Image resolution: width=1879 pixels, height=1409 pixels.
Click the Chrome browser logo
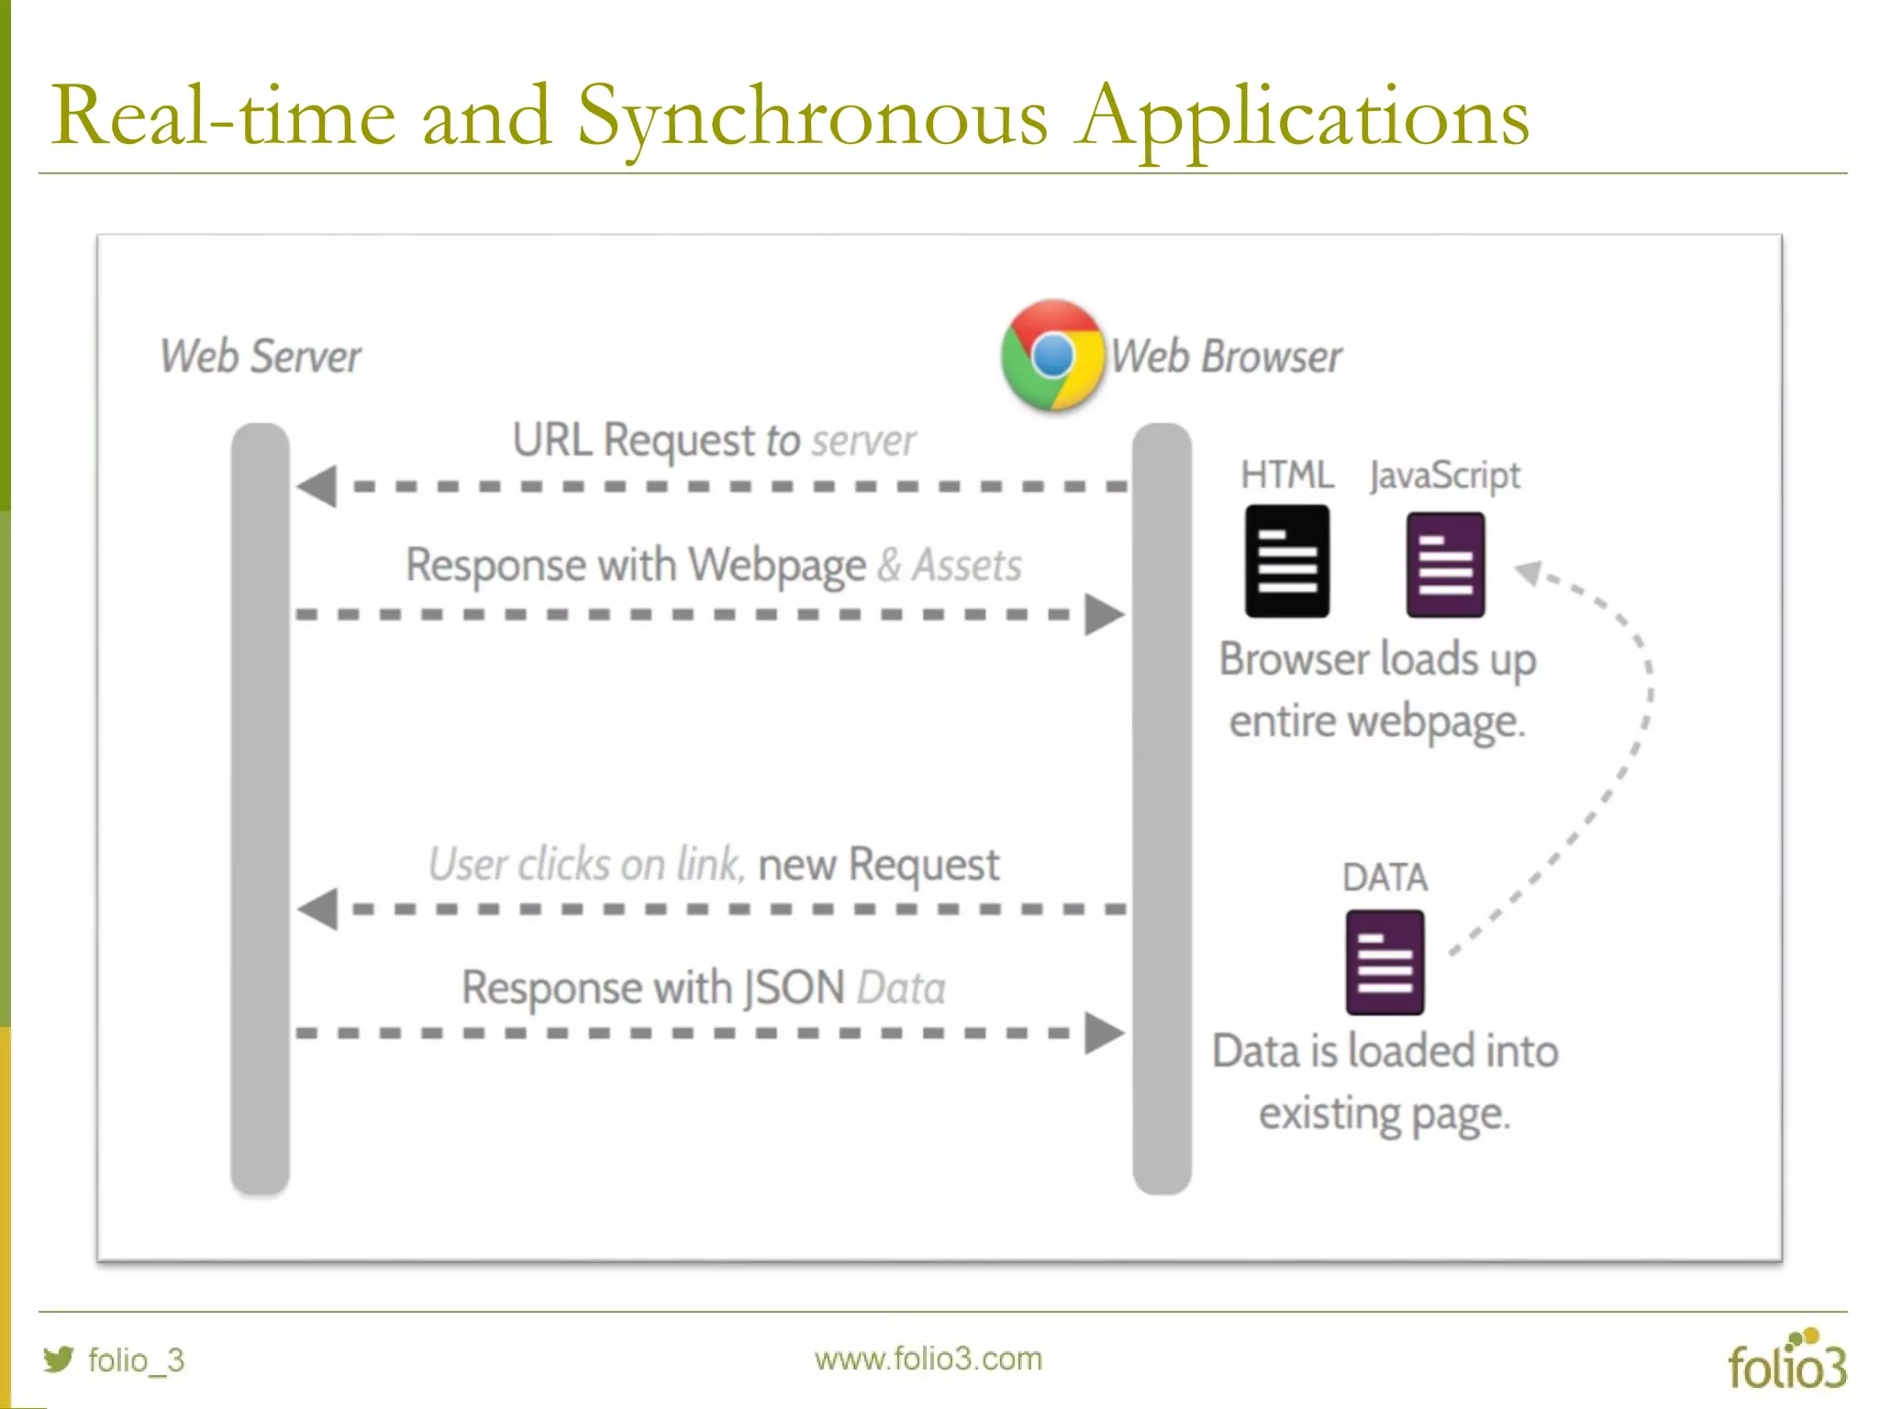pyautogui.click(x=1052, y=355)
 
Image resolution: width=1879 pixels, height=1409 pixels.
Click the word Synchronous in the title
pyautogui.click(x=811, y=116)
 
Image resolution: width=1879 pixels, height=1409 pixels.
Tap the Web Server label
pyautogui.click(x=261, y=357)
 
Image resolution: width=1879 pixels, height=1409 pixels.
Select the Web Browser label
pyautogui.click(x=1226, y=357)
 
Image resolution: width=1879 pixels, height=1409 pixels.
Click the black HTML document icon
pyautogui.click(x=1286, y=561)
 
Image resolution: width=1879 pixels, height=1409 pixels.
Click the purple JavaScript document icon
pyautogui.click(x=1445, y=564)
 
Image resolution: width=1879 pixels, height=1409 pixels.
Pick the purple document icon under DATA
pyautogui.click(x=1384, y=962)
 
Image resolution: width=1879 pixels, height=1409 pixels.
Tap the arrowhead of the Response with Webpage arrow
pyautogui.click(x=1104, y=614)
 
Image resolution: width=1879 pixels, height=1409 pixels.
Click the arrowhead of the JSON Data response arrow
pyautogui.click(x=1104, y=1033)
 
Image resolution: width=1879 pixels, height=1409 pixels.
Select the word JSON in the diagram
pyautogui.click(x=794, y=988)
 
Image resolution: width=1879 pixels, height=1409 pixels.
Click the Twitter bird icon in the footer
pyautogui.click(x=59, y=1359)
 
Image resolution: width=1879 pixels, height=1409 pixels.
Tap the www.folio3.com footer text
pyautogui.click(x=928, y=1359)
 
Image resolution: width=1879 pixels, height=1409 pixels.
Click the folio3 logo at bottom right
pyautogui.click(x=1786, y=1361)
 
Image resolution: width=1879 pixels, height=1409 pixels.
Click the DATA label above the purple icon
pyautogui.click(x=1384, y=878)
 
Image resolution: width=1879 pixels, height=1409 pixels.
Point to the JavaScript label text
pyautogui.click(x=1444, y=476)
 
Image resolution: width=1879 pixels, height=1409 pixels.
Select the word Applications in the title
pyautogui.click(x=1303, y=116)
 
